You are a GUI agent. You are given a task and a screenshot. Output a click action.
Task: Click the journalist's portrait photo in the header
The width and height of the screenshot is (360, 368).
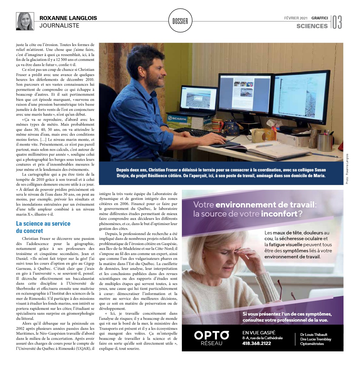(25, 21)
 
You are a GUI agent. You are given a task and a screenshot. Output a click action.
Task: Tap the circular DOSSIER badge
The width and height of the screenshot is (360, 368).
(180, 21)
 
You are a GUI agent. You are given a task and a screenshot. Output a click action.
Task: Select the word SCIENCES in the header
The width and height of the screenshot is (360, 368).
(312, 26)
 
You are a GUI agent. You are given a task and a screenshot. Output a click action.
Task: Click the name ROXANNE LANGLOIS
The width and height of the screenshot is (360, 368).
(68, 18)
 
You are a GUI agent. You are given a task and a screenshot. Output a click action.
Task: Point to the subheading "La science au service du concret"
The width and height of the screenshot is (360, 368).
(43, 227)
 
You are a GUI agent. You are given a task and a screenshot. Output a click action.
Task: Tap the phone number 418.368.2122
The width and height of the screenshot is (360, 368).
(257, 343)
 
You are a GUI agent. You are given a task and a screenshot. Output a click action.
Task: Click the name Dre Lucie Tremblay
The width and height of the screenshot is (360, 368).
(315, 339)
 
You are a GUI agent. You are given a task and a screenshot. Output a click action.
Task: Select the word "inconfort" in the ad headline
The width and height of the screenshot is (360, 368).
(279, 214)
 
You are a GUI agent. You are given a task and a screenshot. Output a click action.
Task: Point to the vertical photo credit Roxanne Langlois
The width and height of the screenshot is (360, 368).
(347, 169)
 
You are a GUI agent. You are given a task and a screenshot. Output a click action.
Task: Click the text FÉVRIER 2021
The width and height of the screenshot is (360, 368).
(296, 18)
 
